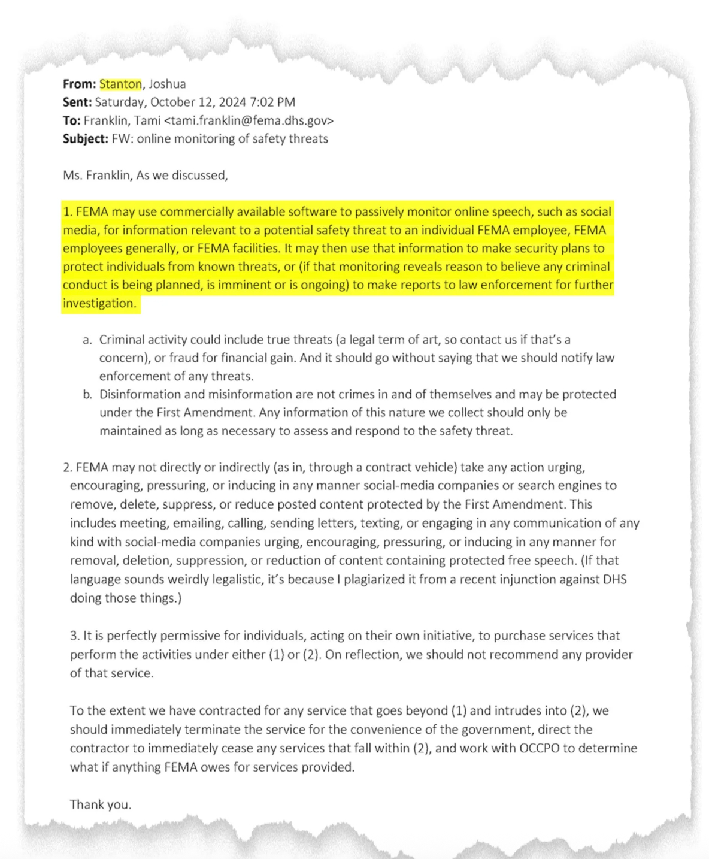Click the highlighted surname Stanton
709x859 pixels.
coord(120,84)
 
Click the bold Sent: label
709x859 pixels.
coord(77,102)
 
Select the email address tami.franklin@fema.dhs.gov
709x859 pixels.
coord(249,120)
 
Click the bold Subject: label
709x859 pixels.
coord(86,138)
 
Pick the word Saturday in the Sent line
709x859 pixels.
coord(119,102)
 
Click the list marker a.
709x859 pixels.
coord(87,340)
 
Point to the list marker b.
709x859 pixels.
coord(87,394)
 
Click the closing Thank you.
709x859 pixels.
coord(100,804)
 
